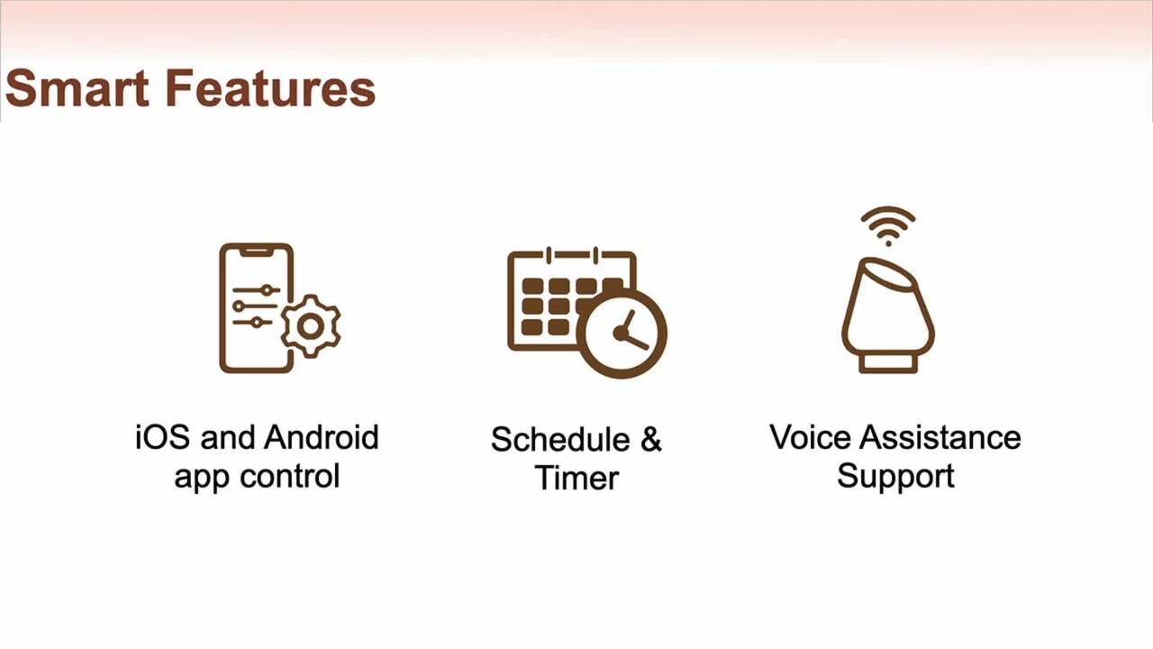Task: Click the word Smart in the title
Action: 77,88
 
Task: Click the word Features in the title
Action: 271,88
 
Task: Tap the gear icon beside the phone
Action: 311,326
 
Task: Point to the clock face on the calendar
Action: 622,334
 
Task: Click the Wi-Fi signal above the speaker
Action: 888,226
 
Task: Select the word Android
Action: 322,437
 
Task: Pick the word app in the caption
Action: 202,478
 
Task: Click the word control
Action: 290,476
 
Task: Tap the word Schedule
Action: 560,439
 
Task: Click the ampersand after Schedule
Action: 651,439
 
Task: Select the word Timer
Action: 577,478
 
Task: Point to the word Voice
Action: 810,437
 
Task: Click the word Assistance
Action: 940,437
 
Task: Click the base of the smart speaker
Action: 888,362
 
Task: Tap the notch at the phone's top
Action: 257,251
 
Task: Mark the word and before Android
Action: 227,437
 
